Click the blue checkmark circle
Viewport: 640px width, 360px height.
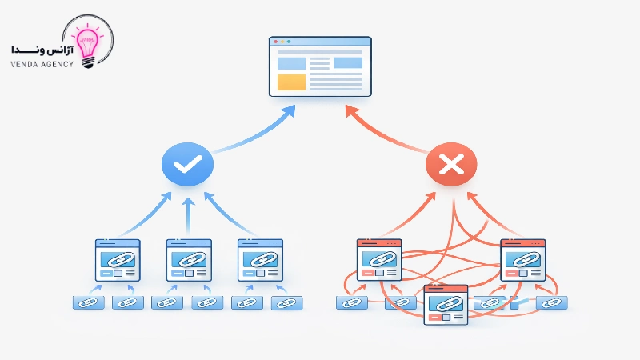(187, 165)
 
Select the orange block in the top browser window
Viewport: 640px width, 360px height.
(291, 82)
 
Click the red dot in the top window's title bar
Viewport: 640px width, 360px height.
(275, 42)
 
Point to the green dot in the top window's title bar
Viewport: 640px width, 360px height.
(289, 42)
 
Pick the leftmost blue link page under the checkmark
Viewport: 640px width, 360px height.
(118, 260)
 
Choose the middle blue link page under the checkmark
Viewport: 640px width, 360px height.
(188, 260)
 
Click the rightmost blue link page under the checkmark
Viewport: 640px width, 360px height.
(259, 260)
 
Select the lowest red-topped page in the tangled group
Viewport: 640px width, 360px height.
(446, 305)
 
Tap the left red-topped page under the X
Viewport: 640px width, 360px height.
(378, 259)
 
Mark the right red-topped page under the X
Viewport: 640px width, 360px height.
(522, 259)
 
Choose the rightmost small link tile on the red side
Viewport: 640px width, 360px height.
(551, 302)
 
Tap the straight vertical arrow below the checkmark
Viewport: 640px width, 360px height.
(188, 216)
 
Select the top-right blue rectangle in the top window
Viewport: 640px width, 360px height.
(347, 62)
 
